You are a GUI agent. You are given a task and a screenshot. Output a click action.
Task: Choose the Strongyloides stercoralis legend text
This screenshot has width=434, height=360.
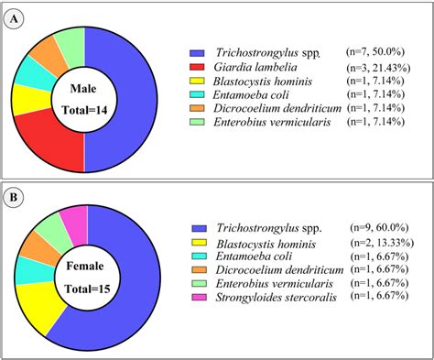pos(275,299)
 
